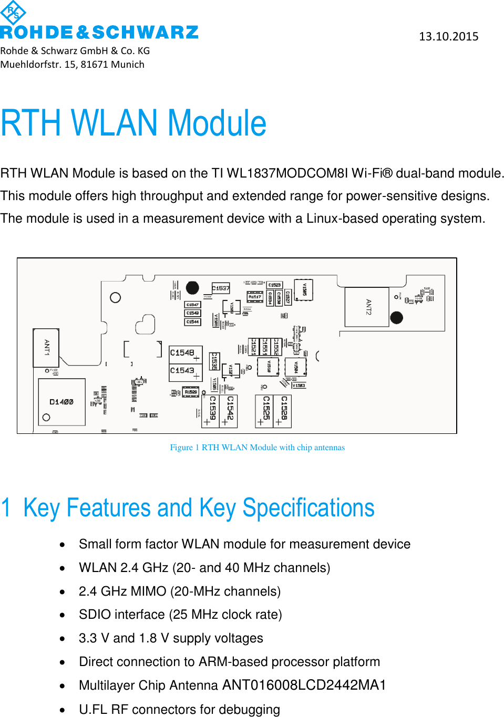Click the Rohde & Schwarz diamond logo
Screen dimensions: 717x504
[13, 13]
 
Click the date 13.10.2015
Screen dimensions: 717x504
[448, 36]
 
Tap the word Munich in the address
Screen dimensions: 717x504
[128, 64]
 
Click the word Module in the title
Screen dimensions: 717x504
[217, 123]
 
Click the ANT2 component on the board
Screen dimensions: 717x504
[367, 307]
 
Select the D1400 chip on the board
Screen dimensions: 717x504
[61, 402]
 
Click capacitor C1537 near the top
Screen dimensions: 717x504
[221, 288]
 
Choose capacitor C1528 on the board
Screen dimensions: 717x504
[283, 410]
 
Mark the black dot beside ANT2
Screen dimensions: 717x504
[397, 317]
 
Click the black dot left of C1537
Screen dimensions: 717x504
[192, 288]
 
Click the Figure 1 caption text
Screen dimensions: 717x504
[257, 448]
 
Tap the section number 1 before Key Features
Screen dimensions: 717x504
[6, 508]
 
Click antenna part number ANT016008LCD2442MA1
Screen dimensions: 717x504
[304, 685]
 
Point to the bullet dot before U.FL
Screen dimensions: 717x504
[63, 710]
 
